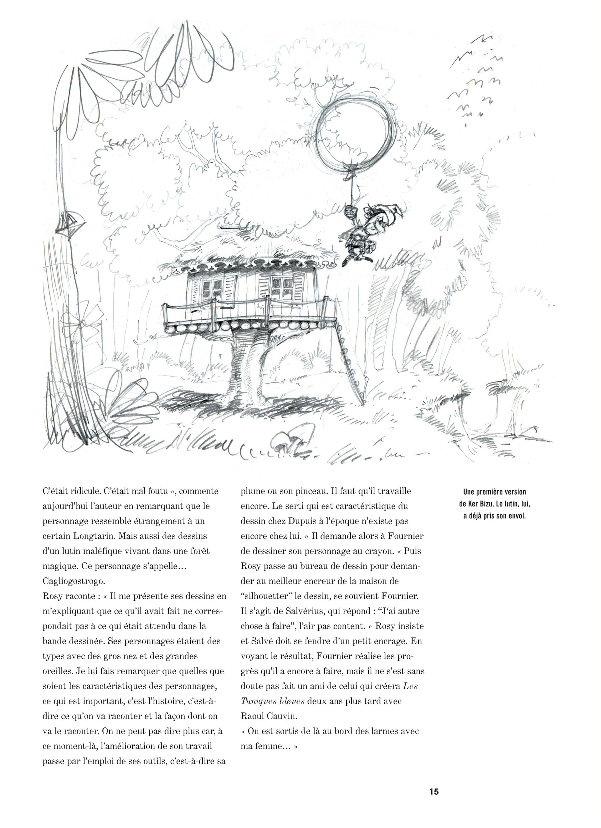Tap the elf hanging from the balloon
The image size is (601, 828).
coord(360,234)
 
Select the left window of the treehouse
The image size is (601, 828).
coord(212,288)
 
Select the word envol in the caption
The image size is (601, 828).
coord(517,516)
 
